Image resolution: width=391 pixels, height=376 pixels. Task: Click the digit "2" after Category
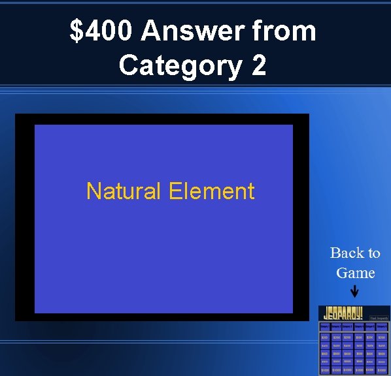point(259,65)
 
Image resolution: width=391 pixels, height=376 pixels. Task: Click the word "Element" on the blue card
point(211,191)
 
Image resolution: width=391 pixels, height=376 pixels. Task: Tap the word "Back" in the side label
point(345,253)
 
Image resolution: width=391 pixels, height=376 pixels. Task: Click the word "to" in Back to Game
point(373,253)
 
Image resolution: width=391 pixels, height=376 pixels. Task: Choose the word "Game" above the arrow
point(355,272)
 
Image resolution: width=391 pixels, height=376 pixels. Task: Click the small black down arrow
point(354,291)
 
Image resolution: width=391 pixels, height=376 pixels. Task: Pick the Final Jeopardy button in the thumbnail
point(379,318)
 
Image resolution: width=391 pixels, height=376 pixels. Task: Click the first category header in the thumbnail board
point(324,326)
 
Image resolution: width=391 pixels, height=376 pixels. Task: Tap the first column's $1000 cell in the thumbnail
point(324,370)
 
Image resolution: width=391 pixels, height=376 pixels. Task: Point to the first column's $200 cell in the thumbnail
point(324,337)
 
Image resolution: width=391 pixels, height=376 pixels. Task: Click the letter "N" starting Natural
point(92,191)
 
